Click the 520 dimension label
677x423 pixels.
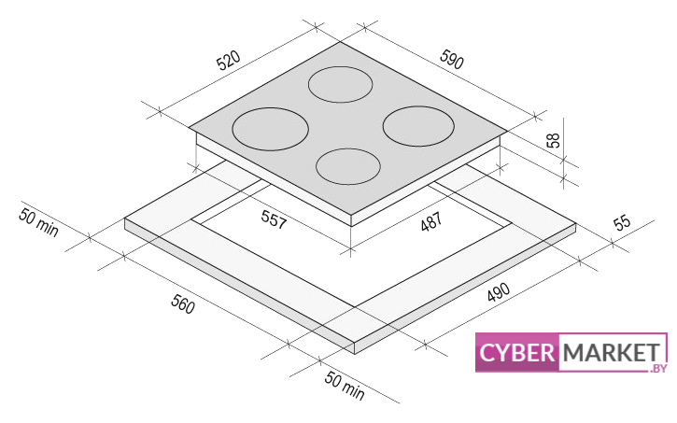coord(229,61)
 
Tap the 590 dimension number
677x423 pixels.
coord(452,59)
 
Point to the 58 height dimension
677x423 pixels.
coord(553,140)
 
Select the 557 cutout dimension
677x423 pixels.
coord(274,219)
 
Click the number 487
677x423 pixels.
coord(431,221)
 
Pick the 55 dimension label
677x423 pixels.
coord(622,223)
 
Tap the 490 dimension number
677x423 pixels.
coord(499,292)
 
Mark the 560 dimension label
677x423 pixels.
coord(183,303)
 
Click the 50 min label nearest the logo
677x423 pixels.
coord(345,386)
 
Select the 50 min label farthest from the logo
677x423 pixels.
coord(38,222)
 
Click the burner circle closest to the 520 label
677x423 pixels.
coord(270,129)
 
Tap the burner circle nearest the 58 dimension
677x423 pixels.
coord(418,126)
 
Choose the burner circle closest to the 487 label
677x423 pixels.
coord(348,166)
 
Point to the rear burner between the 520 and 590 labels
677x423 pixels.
coord(340,85)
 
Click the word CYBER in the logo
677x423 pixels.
coord(516,353)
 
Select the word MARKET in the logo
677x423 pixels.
coord(612,353)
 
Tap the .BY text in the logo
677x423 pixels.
coord(658,368)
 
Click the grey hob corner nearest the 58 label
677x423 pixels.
coord(507,131)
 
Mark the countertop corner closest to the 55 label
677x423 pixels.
coord(576,223)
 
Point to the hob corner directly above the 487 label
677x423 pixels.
coord(351,215)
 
